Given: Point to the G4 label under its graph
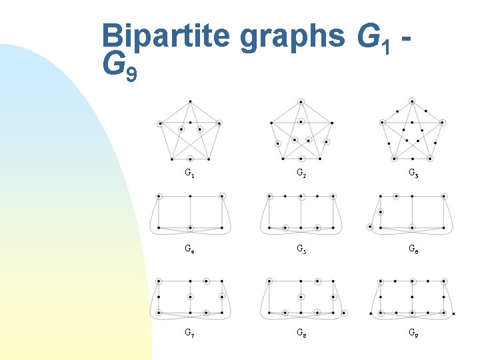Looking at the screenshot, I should coord(190,251).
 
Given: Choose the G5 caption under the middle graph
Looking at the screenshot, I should coord(301,251).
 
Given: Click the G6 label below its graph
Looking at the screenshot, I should coord(412,251).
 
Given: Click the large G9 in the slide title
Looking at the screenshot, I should coord(120,65).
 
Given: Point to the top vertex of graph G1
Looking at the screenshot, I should coord(190,101).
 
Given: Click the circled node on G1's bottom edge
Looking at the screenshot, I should coord(190,159).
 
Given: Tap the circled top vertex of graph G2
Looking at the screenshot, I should coord(301,101).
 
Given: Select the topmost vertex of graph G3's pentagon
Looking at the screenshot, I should coord(412,101).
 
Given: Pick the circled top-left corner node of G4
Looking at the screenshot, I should coord(159,197).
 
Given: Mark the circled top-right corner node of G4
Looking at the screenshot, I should coord(222,197).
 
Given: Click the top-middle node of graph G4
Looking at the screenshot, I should coord(190,197).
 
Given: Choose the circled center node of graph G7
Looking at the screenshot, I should coord(190,297).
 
